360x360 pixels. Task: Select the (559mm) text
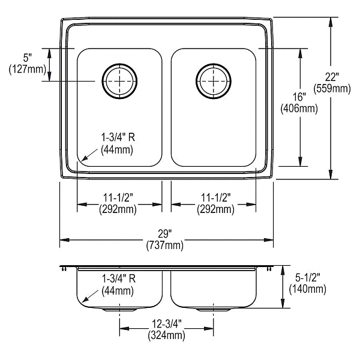click(x=332, y=88)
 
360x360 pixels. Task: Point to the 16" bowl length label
click(x=299, y=97)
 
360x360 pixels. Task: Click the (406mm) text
click(x=299, y=109)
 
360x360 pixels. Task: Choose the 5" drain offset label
click(x=28, y=58)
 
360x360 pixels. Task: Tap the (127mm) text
click(x=28, y=69)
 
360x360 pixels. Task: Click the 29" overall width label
click(x=165, y=234)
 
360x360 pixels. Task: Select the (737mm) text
click(x=165, y=245)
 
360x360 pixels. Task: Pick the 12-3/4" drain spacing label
click(x=167, y=324)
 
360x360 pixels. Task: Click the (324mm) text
click(x=166, y=335)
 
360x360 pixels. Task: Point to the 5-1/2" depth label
click(x=308, y=278)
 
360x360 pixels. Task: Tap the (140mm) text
click(x=308, y=289)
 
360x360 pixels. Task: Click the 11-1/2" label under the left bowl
click(x=118, y=197)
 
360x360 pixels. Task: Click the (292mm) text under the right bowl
click(x=215, y=209)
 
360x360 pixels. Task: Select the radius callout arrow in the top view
click(x=89, y=155)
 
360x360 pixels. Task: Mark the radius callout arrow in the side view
click(x=90, y=296)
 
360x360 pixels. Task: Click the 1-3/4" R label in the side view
click(x=119, y=279)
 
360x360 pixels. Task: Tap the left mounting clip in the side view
click(x=64, y=269)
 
